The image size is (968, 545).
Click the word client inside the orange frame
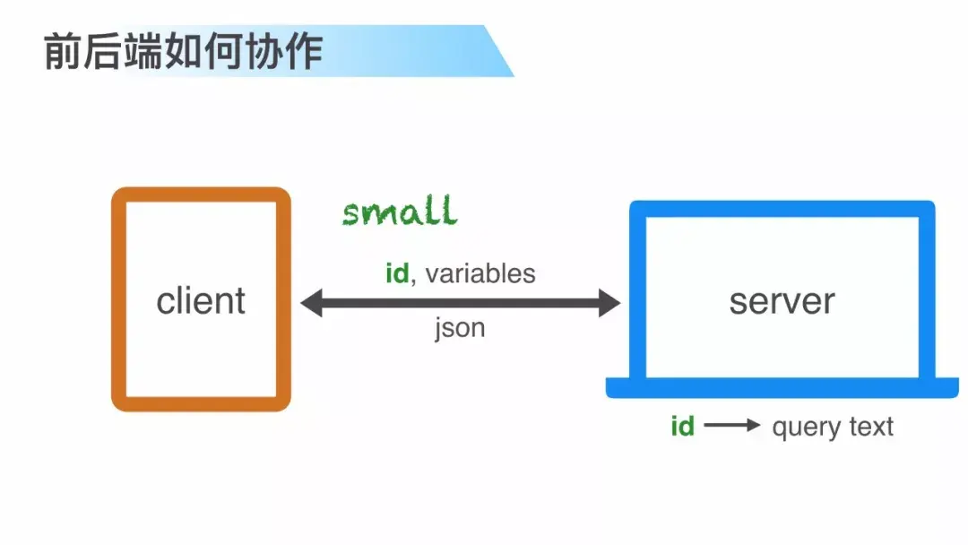click(x=201, y=301)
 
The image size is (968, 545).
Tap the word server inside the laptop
click(x=782, y=301)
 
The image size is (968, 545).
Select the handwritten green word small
click(x=400, y=212)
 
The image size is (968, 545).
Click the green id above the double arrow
click(x=397, y=273)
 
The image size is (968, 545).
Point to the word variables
click(x=480, y=273)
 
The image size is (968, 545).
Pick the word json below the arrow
click(x=460, y=328)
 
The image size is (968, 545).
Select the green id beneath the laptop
click(x=682, y=427)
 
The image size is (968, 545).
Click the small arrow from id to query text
click(x=732, y=427)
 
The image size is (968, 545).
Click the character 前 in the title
click(x=62, y=52)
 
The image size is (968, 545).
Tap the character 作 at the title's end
click(x=304, y=52)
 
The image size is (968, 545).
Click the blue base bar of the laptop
click(x=782, y=387)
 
